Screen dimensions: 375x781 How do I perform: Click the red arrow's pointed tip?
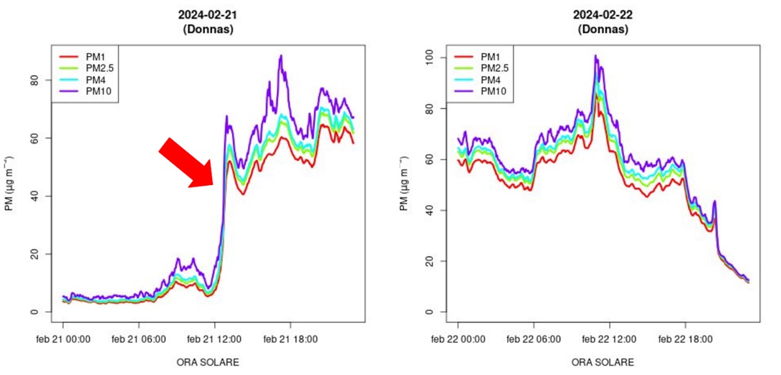(x=213, y=186)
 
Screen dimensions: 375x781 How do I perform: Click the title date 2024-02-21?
(x=208, y=15)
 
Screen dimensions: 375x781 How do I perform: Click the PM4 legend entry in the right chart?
(x=490, y=80)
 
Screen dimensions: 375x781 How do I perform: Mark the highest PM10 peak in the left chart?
(x=281, y=55)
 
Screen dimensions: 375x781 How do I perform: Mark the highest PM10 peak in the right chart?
(x=595, y=55)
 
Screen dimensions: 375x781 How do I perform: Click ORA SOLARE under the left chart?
(x=208, y=362)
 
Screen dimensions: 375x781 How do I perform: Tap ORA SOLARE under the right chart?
(x=602, y=362)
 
